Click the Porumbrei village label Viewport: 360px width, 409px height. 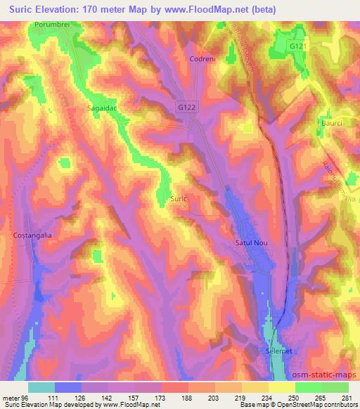50,25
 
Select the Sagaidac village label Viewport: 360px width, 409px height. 101,109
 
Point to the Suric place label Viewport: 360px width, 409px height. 179,199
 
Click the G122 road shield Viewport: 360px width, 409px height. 185,105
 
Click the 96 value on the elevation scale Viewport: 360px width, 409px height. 27,397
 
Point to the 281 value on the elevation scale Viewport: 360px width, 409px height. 347,397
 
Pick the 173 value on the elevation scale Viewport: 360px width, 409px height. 161,397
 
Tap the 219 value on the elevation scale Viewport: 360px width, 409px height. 241,397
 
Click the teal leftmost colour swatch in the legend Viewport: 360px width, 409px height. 41,387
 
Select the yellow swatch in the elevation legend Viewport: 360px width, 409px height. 281,387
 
